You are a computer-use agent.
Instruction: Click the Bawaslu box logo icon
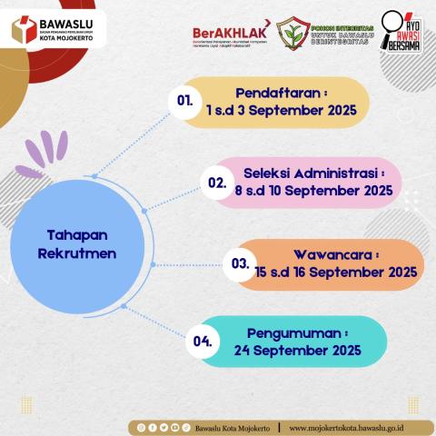(23, 29)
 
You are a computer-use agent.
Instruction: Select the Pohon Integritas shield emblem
(293, 33)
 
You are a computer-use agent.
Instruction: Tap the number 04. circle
(203, 342)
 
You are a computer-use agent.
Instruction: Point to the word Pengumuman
(282, 333)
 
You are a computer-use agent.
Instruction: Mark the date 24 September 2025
(283, 351)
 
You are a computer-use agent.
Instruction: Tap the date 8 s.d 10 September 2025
(312, 192)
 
